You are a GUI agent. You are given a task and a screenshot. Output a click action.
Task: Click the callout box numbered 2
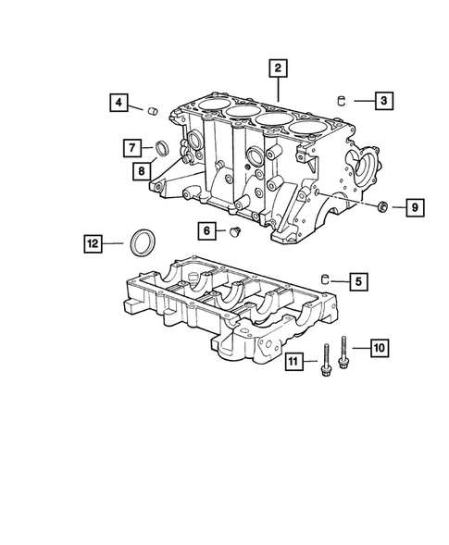(x=277, y=67)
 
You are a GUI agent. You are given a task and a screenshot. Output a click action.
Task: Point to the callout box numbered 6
(x=206, y=229)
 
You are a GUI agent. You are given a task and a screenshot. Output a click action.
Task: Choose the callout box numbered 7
(x=133, y=146)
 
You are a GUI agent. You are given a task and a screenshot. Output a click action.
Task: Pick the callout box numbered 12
(x=92, y=243)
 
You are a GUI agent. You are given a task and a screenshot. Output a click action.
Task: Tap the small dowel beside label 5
(x=325, y=279)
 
